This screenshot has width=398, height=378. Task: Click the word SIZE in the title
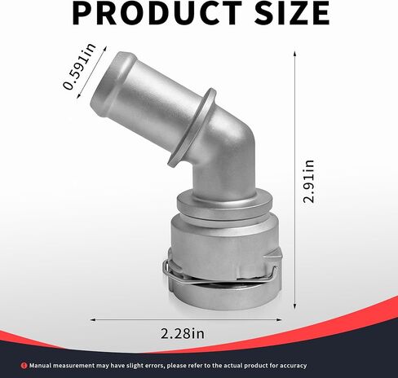click(292, 13)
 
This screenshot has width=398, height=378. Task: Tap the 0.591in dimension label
click(79, 66)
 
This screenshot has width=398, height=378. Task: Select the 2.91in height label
click(309, 182)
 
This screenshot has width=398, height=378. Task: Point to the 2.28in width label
click(183, 333)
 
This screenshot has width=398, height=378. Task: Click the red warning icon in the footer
click(24, 366)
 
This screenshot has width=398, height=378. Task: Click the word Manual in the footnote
click(40, 366)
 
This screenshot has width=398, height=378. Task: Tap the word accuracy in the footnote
click(294, 366)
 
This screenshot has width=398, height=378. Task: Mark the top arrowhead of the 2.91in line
click(294, 53)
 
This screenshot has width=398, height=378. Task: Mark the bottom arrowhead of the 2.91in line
click(294, 306)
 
